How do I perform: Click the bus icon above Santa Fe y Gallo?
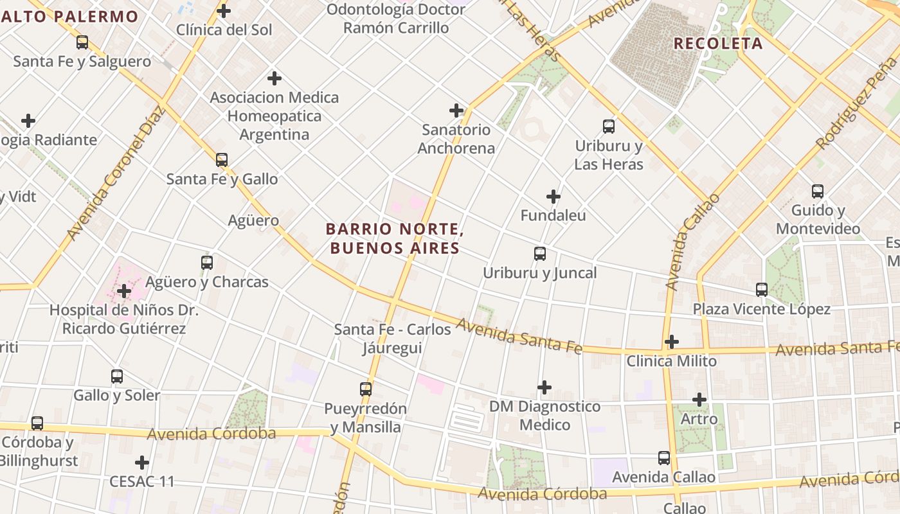(222, 159)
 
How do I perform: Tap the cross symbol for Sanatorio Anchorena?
(456, 111)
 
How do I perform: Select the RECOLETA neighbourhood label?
(718, 44)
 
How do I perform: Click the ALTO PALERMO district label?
(69, 17)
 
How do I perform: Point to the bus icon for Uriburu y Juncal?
(540, 254)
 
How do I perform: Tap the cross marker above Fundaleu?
(553, 197)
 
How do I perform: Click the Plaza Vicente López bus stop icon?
(762, 290)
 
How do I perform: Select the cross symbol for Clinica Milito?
(672, 342)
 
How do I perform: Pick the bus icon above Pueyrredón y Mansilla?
(366, 389)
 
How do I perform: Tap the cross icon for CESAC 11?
(142, 463)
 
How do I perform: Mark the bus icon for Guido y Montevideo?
(817, 191)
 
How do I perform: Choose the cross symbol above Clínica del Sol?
(224, 11)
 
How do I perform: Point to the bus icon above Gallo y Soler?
(116, 377)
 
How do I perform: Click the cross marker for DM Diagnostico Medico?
(544, 387)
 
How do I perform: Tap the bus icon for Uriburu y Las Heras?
(609, 127)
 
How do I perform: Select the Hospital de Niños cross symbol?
(124, 292)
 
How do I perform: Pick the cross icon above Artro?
(699, 400)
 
